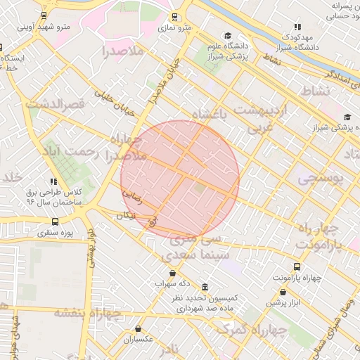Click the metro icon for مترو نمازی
(x=175, y=18)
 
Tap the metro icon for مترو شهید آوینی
(x=45, y=15)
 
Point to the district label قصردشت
(x=56, y=103)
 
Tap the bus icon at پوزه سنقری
(x=56, y=221)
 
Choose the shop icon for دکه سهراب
(x=172, y=273)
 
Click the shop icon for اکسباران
(x=138, y=328)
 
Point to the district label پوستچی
(x=320, y=179)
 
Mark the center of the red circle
(x=180, y=179)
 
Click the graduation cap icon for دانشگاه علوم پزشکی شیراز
(x=227, y=35)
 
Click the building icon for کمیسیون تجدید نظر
(x=205, y=288)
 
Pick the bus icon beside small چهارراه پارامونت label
(x=297, y=266)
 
